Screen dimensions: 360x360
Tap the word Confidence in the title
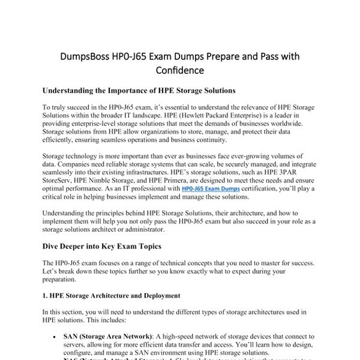click(180, 71)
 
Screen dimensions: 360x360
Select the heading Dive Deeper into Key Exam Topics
click(102, 245)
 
